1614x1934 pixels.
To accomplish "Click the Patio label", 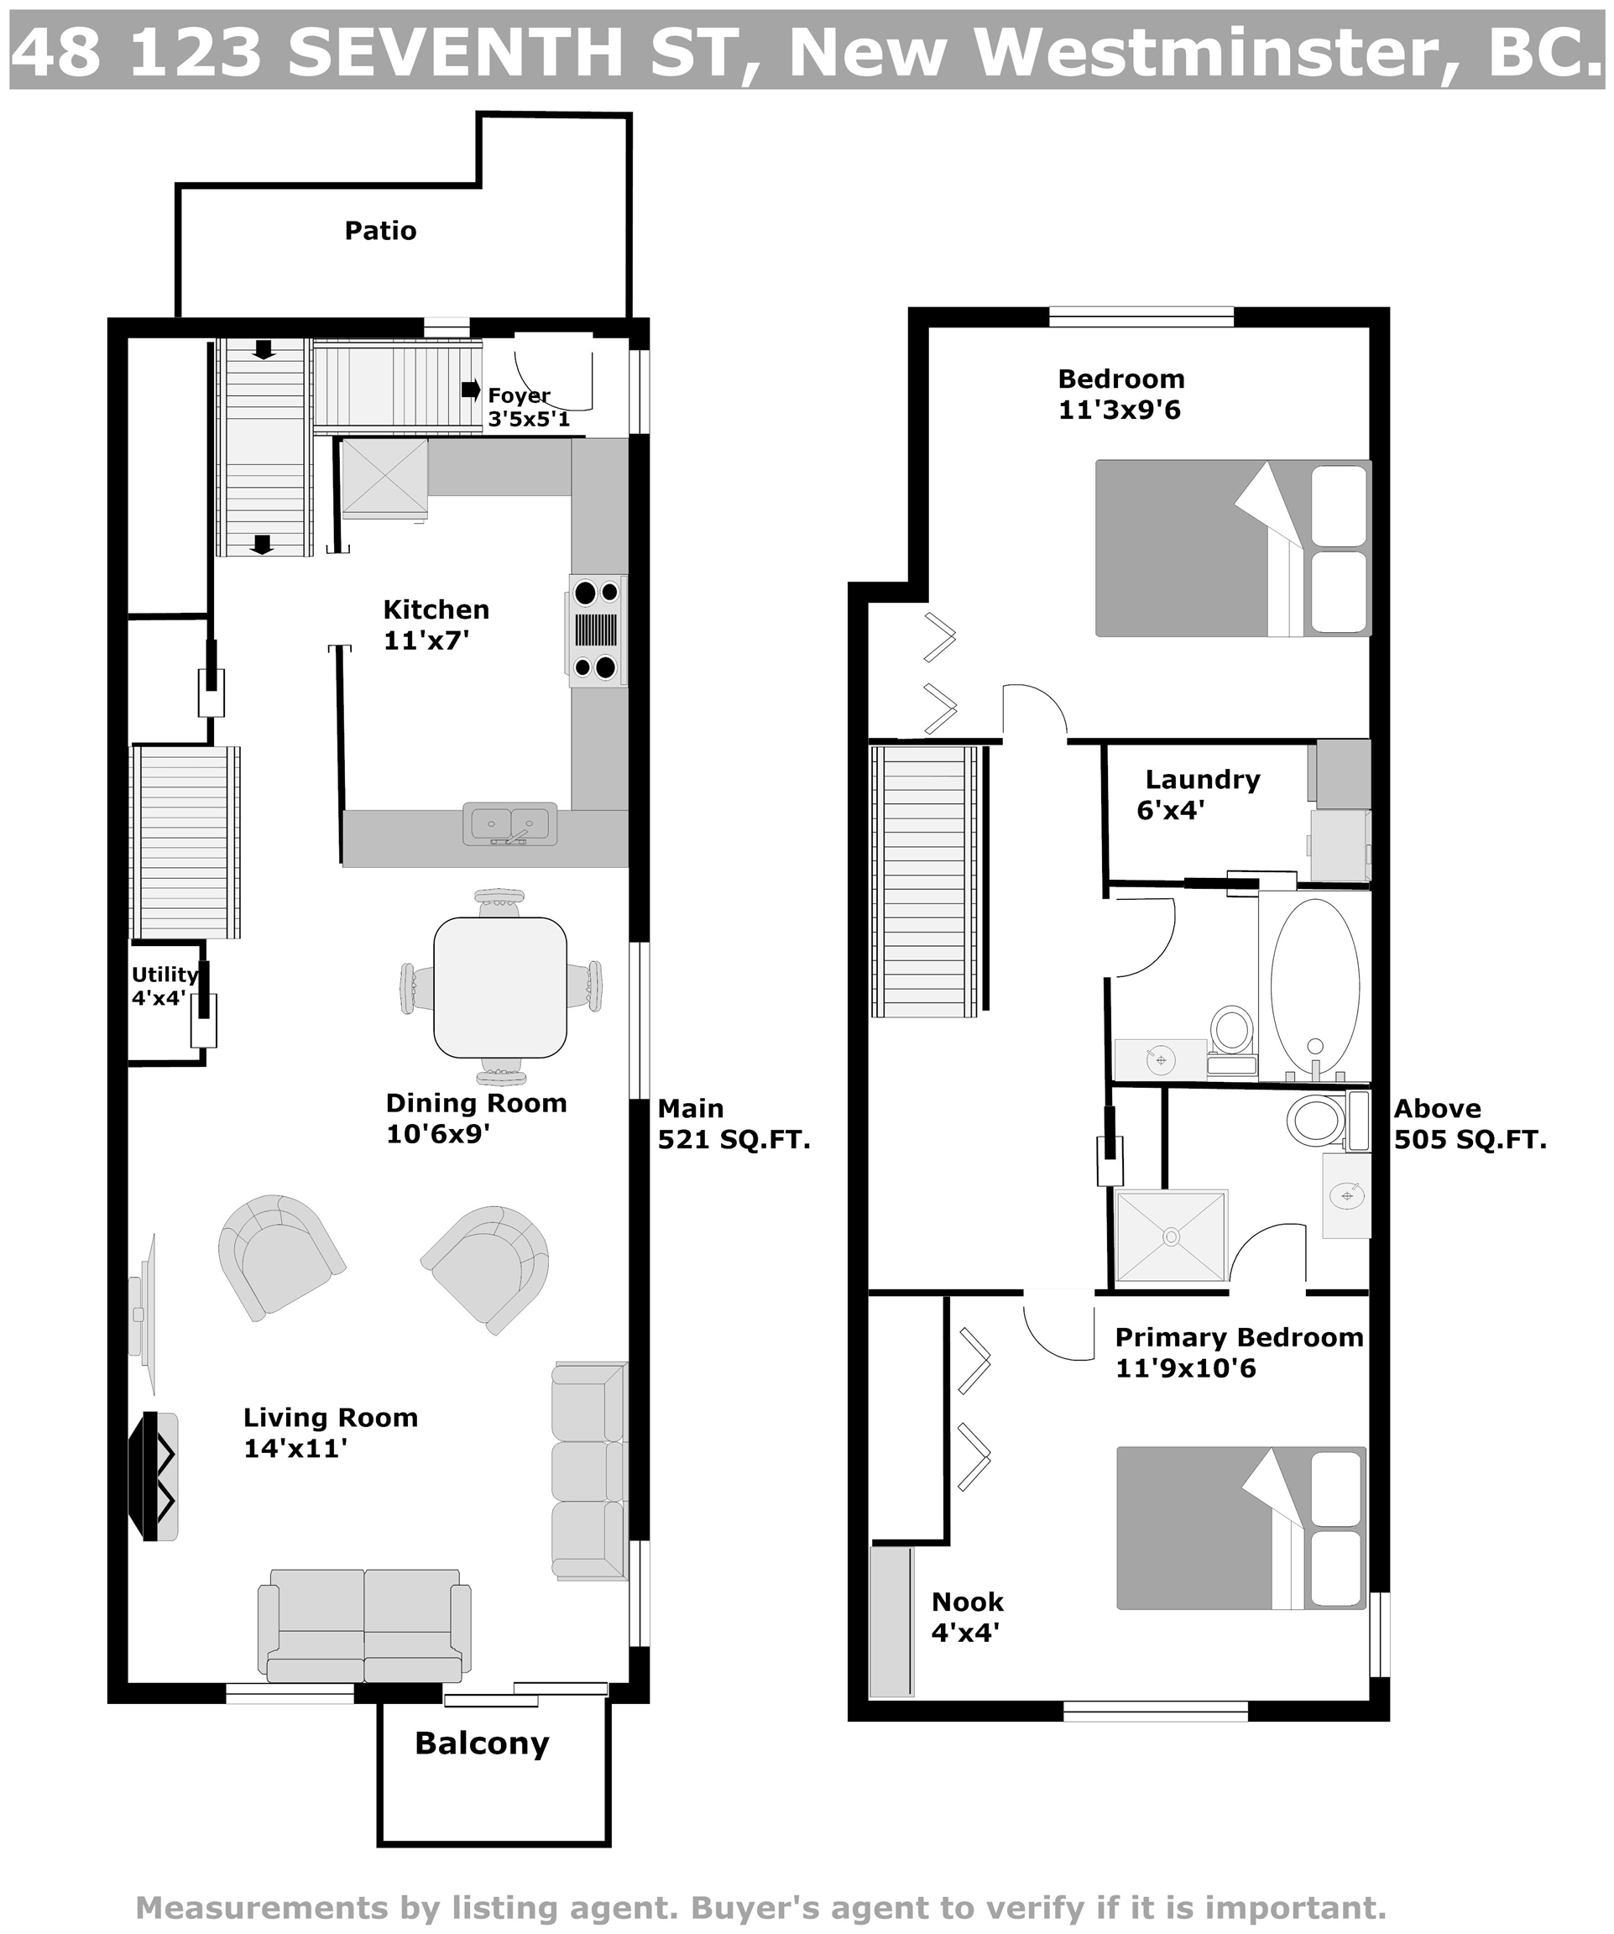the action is pyautogui.click(x=380, y=230).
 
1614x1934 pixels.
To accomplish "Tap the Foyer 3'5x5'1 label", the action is pyautogui.click(x=529, y=407).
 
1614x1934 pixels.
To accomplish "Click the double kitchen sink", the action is pyautogui.click(x=510, y=824).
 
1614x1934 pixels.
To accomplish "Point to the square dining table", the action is pyautogui.click(x=500, y=987).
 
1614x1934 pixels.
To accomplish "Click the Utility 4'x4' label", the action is pyautogui.click(x=164, y=986).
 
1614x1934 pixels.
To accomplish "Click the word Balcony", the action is pyautogui.click(x=482, y=1743).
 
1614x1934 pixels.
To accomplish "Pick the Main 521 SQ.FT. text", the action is pyautogui.click(x=734, y=1124).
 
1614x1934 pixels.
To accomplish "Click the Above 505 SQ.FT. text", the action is pyautogui.click(x=1470, y=1124).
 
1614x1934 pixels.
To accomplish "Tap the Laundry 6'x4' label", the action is pyautogui.click(x=1198, y=794).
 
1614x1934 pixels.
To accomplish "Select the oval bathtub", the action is pyautogui.click(x=1314, y=985).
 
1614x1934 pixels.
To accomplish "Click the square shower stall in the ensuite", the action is pyautogui.click(x=1170, y=1236).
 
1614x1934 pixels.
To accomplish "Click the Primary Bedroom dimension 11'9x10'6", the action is pyautogui.click(x=1185, y=1367).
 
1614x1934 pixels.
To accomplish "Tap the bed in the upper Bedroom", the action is pyautogui.click(x=1233, y=548).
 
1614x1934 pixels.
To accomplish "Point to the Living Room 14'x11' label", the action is pyautogui.click(x=331, y=1432).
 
